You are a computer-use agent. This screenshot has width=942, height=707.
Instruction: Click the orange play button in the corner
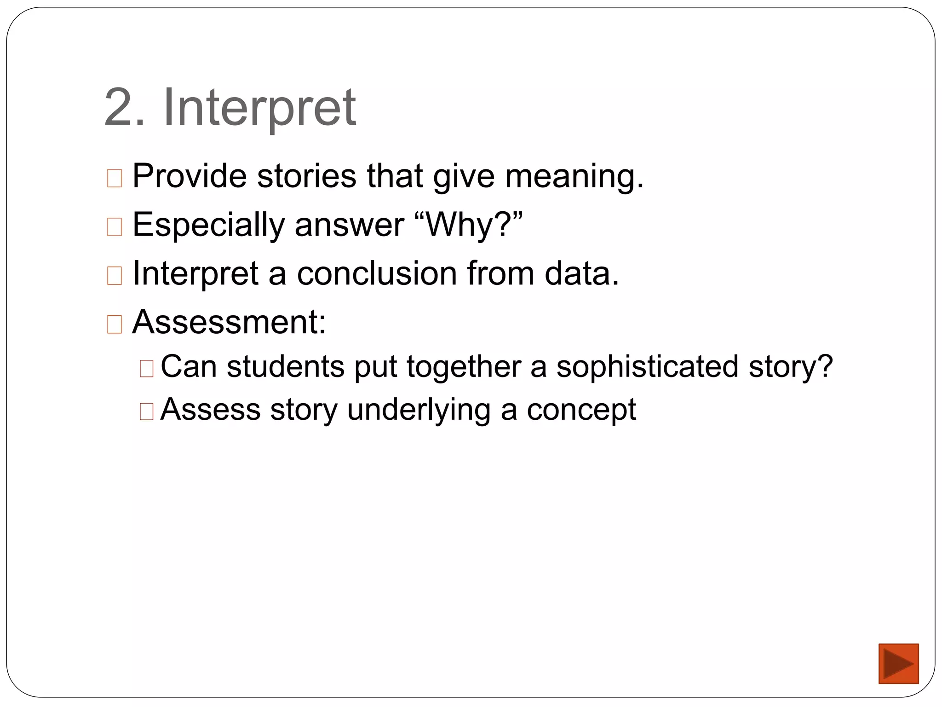[898, 663]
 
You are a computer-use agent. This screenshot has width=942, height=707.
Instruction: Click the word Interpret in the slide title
[259, 108]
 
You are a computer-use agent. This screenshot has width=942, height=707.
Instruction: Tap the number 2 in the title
[119, 108]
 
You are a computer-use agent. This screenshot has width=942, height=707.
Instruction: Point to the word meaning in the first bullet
[573, 177]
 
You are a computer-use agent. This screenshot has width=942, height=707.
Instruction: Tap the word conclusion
[377, 273]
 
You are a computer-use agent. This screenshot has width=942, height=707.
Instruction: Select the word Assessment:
[229, 322]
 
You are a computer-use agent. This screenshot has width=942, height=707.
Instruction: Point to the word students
[285, 367]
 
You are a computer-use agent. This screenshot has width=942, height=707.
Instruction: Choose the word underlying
[419, 410]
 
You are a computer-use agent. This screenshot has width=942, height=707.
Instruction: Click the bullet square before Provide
[115, 178]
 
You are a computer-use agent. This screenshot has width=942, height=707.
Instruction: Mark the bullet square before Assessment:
[115, 324]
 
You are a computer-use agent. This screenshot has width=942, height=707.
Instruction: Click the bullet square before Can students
[146, 369]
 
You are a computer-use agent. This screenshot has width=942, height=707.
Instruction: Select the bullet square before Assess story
[146, 411]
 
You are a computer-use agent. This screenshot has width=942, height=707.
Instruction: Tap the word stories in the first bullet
[306, 176]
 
